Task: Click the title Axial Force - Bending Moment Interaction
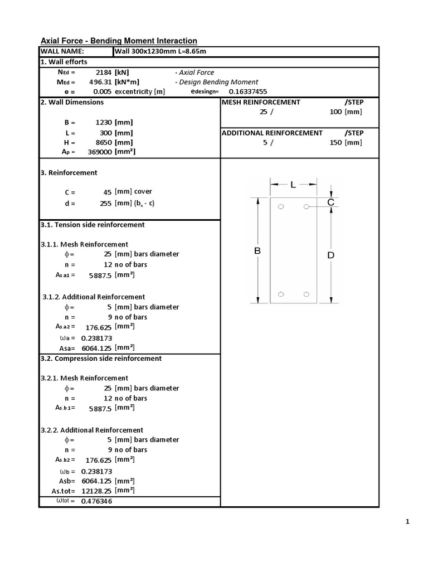coord(119,41)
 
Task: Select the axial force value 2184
coord(104,72)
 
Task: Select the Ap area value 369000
coord(100,152)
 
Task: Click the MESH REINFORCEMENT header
coord(261,103)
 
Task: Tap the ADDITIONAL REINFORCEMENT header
coord(272,133)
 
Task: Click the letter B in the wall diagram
coord(257,251)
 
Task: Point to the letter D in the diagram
coord(330,255)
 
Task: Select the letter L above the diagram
coord(293,185)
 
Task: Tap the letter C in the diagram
coord(330,202)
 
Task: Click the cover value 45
coord(108,192)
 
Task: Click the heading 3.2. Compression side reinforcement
coord(101,359)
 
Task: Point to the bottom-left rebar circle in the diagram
coord(281,294)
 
